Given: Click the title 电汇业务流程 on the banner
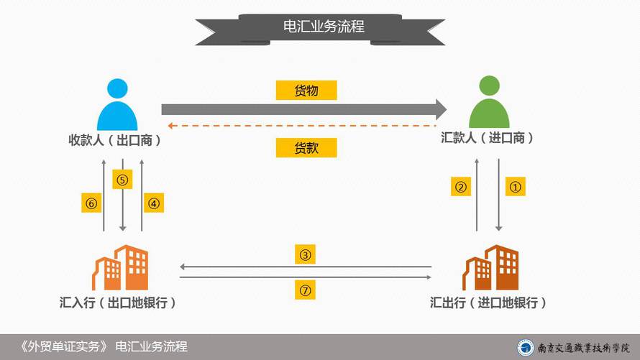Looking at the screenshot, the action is pyautogui.click(x=324, y=27).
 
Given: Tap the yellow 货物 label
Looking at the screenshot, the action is pyautogui.click(x=306, y=90).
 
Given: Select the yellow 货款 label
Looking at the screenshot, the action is pyautogui.click(x=306, y=147).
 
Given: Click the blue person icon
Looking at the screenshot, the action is pyautogui.click(x=117, y=105).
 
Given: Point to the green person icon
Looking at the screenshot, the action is pyautogui.click(x=489, y=102).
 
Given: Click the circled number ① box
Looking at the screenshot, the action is pyautogui.click(x=515, y=187).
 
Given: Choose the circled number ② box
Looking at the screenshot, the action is pyautogui.click(x=461, y=187).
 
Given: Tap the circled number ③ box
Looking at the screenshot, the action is pyautogui.click(x=306, y=254).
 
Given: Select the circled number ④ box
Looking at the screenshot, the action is pyautogui.click(x=154, y=203).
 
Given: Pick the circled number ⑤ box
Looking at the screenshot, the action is pyautogui.click(x=122, y=180).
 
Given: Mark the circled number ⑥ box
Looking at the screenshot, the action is pyautogui.click(x=91, y=203).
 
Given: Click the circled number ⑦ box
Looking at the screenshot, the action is pyautogui.click(x=306, y=290).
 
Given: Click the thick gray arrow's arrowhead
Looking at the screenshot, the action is pyautogui.click(x=442, y=109).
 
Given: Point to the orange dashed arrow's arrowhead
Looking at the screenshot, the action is pyautogui.click(x=170, y=126).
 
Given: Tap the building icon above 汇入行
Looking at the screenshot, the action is pyautogui.click(x=120, y=267).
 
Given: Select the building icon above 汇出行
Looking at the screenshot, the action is pyautogui.click(x=490, y=267).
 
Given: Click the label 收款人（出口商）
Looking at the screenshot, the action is pyautogui.click(x=114, y=140).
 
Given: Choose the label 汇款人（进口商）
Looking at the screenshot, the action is pyautogui.click(x=488, y=138).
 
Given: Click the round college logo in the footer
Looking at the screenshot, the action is pyautogui.click(x=526, y=347).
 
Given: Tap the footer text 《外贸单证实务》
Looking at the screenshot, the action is pyautogui.click(x=63, y=346).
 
